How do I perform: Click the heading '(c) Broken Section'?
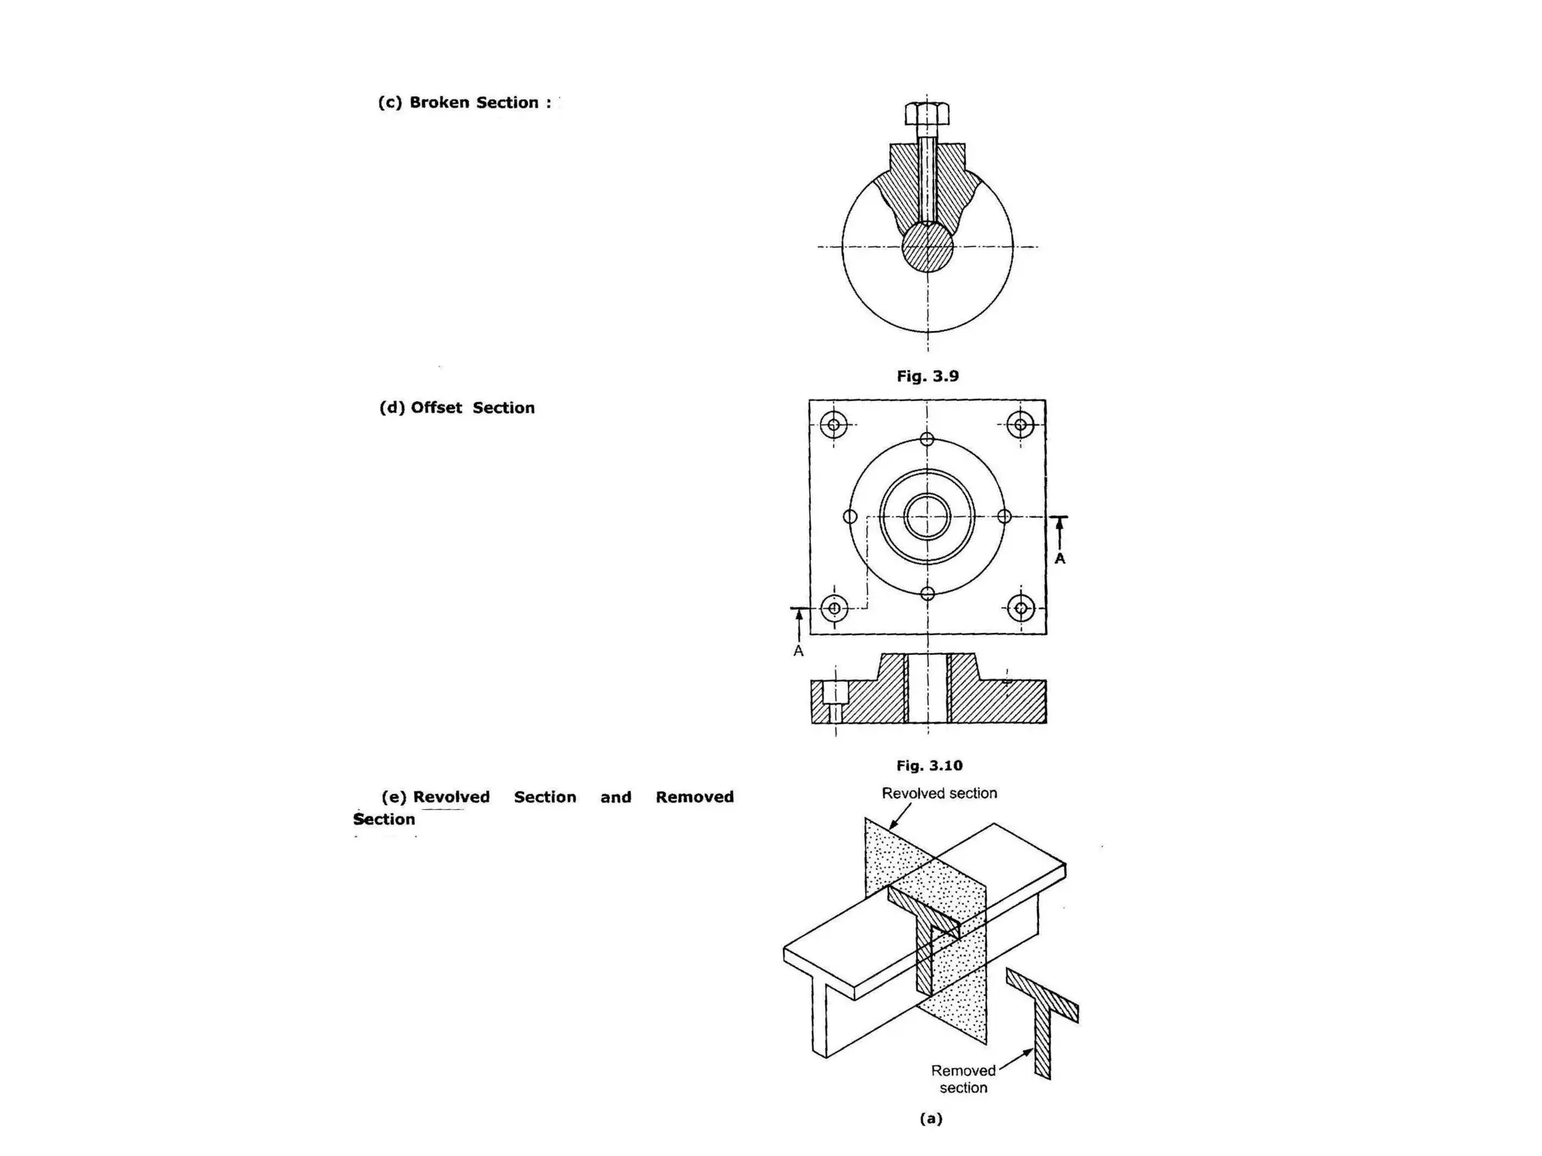coord(464,102)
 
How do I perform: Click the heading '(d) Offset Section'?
coord(457,408)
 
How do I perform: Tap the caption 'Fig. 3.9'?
coord(927,376)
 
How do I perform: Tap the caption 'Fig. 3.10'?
coord(929,765)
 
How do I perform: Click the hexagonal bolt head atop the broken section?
coord(927,114)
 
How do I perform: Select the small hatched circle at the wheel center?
coord(928,247)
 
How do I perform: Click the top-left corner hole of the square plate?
coord(833,424)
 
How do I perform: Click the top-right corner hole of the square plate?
coord(1020,424)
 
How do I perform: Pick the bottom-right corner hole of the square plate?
coord(1021,607)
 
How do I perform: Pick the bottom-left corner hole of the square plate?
coord(834,607)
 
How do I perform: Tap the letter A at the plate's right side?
coord(1059,558)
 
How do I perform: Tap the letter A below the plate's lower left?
coord(798,651)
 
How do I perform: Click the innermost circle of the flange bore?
coord(927,517)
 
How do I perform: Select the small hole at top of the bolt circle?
coord(927,439)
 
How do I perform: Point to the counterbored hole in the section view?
coord(835,701)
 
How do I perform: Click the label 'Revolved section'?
coord(939,793)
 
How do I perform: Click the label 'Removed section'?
coord(963,1078)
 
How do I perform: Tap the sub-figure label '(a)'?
coord(931,1118)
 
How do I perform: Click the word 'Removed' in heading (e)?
coord(694,797)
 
